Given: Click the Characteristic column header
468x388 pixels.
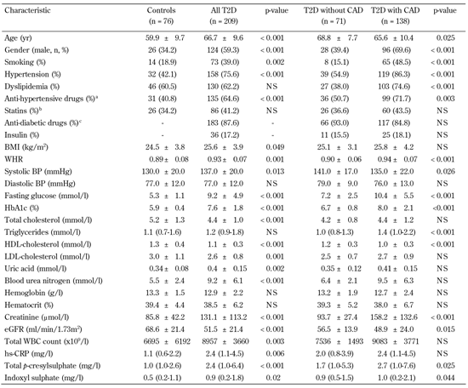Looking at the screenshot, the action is pos(27,10).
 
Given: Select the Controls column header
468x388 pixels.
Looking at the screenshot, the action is pos(161,10).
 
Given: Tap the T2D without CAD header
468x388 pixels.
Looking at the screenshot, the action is pos(333,10).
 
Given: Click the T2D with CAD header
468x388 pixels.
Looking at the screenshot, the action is pos(395,10).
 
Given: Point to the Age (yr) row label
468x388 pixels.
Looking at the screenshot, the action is pos(18,38).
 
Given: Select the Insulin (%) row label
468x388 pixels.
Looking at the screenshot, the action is pos(22,135).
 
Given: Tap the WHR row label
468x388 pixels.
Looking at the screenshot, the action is pos(14,159).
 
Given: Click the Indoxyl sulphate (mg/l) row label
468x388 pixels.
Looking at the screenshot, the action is pos(44,378).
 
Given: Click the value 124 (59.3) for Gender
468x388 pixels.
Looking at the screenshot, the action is pos(223,50).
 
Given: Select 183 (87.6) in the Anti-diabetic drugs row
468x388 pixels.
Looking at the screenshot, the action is pos(223,123).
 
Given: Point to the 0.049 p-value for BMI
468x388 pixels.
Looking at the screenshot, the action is pos(275,147).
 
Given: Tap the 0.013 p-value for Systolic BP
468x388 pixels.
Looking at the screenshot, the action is pos(275,172).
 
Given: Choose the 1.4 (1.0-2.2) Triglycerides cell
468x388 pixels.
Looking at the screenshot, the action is pos(395,232).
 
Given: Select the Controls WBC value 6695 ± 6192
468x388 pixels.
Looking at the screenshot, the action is pos(167,341).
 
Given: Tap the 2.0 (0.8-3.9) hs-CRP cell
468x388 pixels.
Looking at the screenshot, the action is pos(335,354).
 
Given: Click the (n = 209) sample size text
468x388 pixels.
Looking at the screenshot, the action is pos(224,21).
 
